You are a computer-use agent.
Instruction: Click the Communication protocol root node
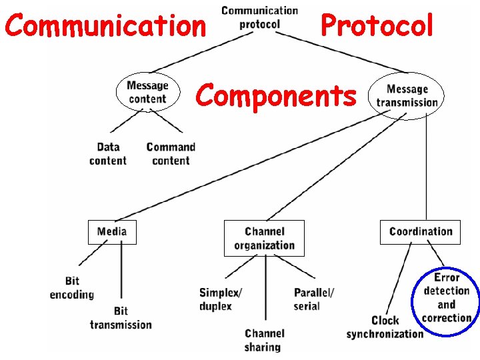[x=259, y=17]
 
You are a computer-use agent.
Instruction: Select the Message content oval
[x=147, y=92]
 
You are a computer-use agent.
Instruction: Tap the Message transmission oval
[x=407, y=95]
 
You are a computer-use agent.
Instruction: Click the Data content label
[x=108, y=153]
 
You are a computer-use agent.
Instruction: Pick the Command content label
[x=171, y=153]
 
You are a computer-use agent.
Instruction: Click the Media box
[x=112, y=232]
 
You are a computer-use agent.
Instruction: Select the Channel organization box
[x=264, y=238]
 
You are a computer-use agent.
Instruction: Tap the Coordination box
[x=420, y=232]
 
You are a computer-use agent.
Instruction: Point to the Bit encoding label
[x=72, y=288]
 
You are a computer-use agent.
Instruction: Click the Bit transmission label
[x=121, y=317]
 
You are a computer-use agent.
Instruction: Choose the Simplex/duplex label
[x=220, y=299]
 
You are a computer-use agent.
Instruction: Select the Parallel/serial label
[x=313, y=299]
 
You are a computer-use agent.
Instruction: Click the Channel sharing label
[x=264, y=340]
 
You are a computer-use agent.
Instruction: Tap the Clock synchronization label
[x=385, y=327]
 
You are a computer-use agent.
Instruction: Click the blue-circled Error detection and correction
[x=446, y=297]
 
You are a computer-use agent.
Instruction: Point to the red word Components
[x=276, y=96]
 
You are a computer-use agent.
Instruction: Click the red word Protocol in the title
[x=377, y=26]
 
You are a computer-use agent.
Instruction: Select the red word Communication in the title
[x=105, y=26]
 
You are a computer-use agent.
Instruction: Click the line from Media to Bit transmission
[x=121, y=273]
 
